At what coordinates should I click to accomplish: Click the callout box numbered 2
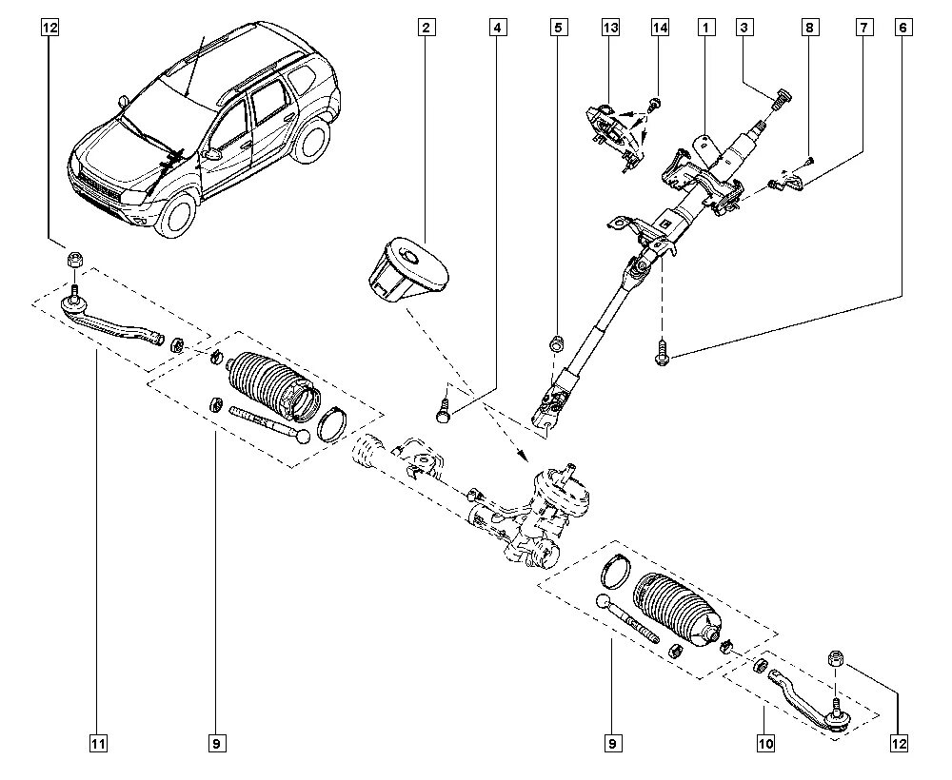pos(426,28)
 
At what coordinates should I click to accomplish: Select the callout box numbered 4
pos(496,28)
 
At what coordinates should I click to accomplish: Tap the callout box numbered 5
pos(557,28)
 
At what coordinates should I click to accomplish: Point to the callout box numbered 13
pos(610,28)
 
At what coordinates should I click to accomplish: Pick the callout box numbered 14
pos(660,28)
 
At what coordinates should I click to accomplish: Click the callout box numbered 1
pos(705,28)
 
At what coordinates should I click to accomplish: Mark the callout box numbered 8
pos(808,28)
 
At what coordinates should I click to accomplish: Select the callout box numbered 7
pos(863,28)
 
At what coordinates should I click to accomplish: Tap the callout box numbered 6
pos(902,28)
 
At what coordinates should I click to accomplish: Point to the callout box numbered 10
pos(765,744)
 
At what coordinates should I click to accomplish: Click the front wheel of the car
pos(179,212)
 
